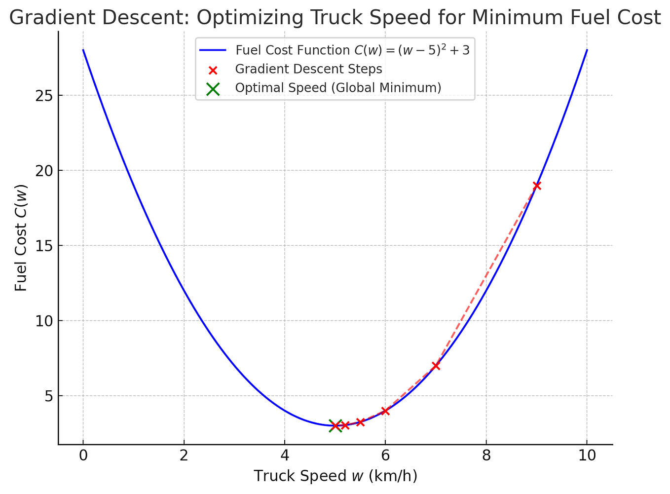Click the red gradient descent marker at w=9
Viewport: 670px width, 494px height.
coord(537,186)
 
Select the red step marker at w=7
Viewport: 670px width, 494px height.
coord(436,366)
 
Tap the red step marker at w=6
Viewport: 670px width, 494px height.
coord(385,411)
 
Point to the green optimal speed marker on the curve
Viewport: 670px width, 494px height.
coord(335,425)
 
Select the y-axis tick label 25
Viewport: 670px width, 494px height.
coord(44,95)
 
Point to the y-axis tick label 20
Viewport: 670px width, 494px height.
coord(44,170)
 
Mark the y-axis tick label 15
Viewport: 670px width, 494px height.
coord(44,246)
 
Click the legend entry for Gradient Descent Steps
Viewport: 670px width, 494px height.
coord(308,69)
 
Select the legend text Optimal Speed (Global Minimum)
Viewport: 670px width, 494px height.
coord(338,88)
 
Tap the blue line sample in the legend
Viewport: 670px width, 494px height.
coord(213,50)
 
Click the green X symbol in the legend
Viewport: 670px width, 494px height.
coord(213,88)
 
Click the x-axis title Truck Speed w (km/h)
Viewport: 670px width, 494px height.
coord(335,476)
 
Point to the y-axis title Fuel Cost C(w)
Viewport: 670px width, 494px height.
coord(21,238)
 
